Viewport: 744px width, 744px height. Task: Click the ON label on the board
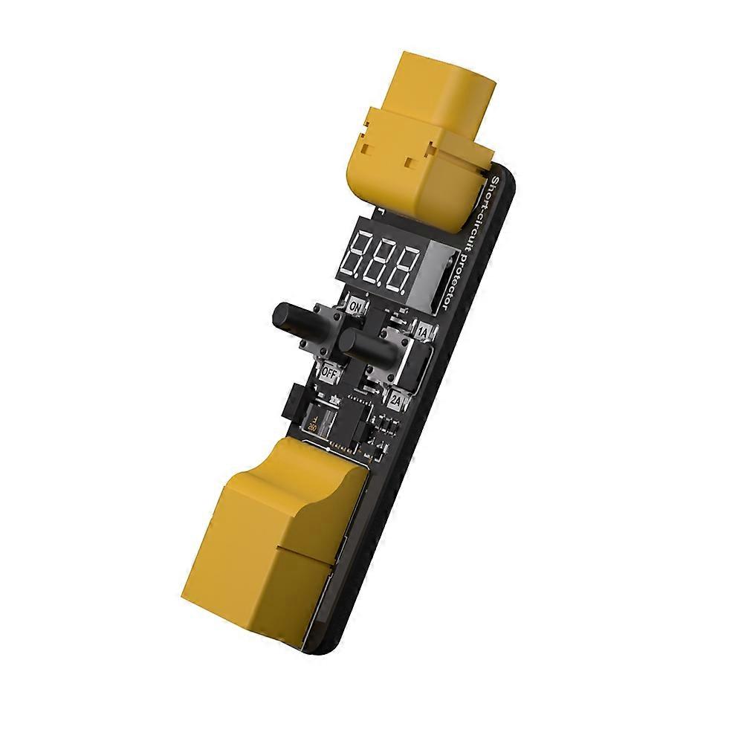[355, 306]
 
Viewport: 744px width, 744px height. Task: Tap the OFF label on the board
[329, 369]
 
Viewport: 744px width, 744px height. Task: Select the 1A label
[422, 332]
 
